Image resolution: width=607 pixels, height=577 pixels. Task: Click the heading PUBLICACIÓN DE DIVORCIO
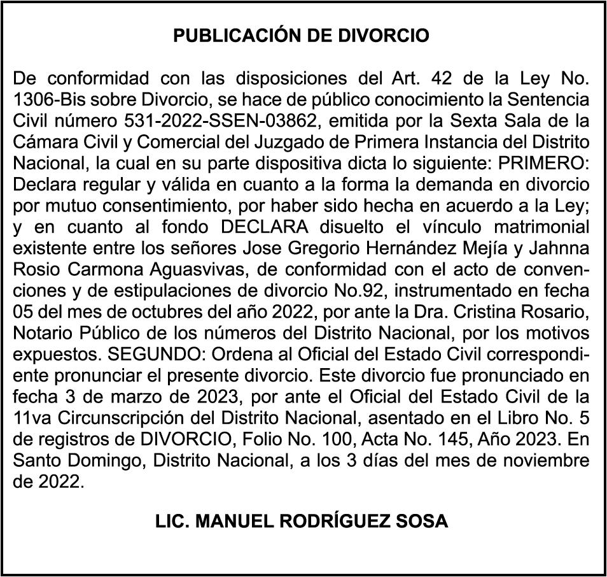click(x=302, y=36)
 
